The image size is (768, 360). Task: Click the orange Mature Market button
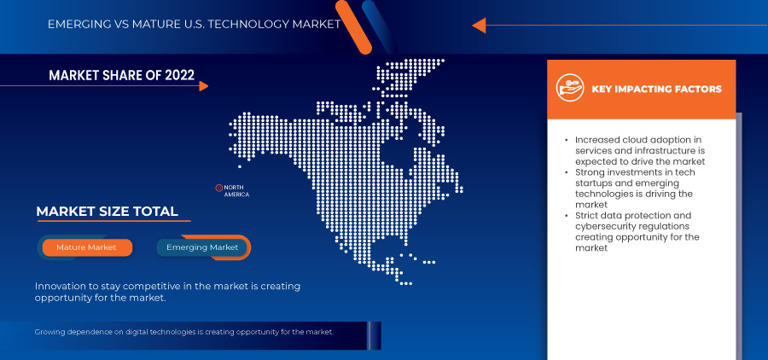pos(85,247)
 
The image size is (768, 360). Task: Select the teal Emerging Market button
pos(202,247)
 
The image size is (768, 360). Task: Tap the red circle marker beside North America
pos(218,188)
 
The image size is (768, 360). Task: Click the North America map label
pos(236,191)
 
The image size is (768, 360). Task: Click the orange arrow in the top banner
pos(479,25)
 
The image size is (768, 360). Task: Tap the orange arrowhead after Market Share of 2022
pos(202,85)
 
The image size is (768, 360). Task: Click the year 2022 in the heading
pos(177,76)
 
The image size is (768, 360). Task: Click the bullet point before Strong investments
pos(567,173)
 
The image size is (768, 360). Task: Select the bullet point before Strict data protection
pos(567,216)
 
